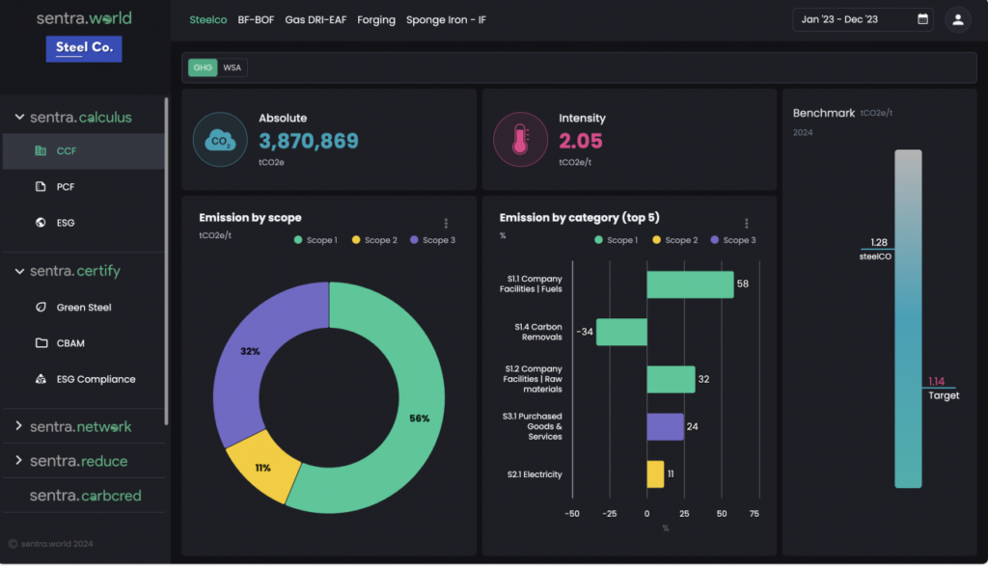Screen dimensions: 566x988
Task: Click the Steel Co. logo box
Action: (x=84, y=48)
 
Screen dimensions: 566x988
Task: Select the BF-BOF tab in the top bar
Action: (x=256, y=19)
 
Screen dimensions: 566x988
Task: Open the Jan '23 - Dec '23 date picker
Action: (x=863, y=19)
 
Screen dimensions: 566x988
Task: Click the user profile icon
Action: (x=957, y=19)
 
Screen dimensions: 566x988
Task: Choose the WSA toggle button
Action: (x=233, y=68)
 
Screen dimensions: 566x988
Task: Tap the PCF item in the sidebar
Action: (x=66, y=186)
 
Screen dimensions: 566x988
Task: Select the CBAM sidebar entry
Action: (x=70, y=343)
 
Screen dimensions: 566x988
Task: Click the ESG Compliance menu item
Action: (x=96, y=379)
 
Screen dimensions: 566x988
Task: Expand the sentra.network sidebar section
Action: (x=80, y=426)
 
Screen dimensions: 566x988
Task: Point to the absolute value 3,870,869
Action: (x=308, y=141)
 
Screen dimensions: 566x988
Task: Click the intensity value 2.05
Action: (x=581, y=141)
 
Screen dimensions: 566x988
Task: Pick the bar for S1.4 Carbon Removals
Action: (x=621, y=332)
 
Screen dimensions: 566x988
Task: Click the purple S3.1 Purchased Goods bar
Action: (x=665, y=426)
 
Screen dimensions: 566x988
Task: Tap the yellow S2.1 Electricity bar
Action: (x=655, y=473)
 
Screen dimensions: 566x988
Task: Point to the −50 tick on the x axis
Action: (x=572, y=514)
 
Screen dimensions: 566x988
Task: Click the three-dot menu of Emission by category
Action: (x=746, y=223)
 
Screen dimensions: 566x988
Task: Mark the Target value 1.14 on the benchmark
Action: (x=936, y=381)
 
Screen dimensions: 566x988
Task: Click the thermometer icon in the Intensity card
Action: (x=520, y=140)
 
